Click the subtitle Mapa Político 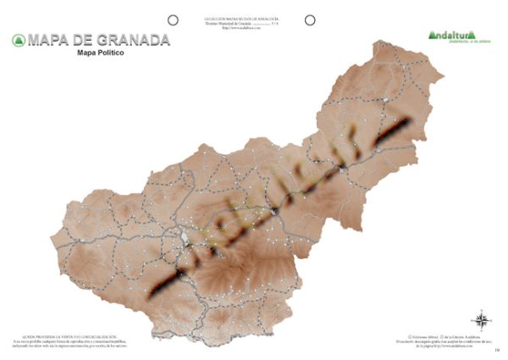[101, 53]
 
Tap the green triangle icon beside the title [18, 40]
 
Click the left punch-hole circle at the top [173, 19]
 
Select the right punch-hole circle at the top [310, 19]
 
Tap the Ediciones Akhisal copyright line [439, 335]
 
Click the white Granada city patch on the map [187, 236]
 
